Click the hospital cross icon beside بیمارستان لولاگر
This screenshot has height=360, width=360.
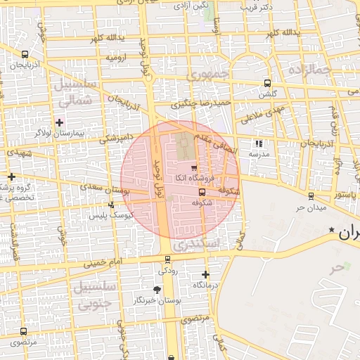[60, 122]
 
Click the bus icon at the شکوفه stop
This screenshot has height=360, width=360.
[202, 192]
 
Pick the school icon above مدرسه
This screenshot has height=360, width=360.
[259, 143]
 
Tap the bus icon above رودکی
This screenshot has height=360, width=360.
[167, 260]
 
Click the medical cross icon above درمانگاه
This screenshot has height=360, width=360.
[205, 274]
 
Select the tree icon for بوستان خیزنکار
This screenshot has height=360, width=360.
[156, 290]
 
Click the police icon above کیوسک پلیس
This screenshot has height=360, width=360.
[111, 205]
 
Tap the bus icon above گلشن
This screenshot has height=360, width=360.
[266, 83]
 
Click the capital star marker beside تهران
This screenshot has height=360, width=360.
[332, 230]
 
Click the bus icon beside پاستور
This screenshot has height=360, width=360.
[311, 195]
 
